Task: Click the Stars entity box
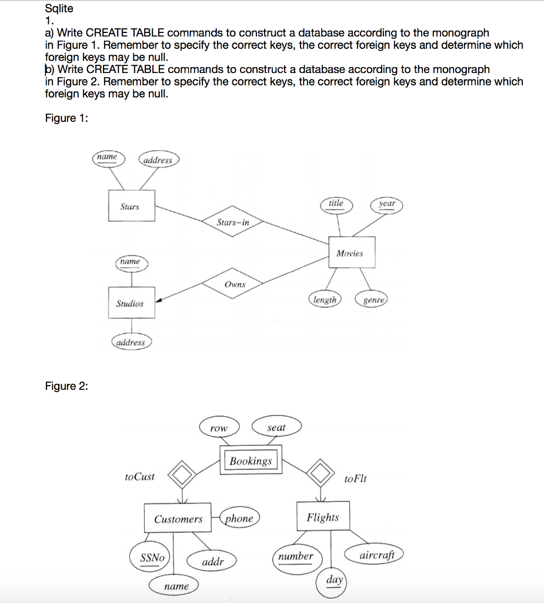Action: click(x=131, y=206)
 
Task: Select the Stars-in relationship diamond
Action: click(x=233, y=222)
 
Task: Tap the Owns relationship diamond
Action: click(x=234, y=284)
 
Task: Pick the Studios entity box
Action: click(x=131, y=304)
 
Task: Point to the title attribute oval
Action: click(x=336, y=204)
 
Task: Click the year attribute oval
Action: click(x=387, y=204)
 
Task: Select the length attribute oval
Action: click(x=325, y=300)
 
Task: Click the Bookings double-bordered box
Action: click(x=251, y=460)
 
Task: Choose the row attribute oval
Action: click(x=219, y=428)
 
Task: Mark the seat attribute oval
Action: click(x=276, y=428)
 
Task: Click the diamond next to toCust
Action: click(x=183, y=473)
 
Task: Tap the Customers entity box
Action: click(x=178, y=519)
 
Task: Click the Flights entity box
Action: click(x=323, y=517)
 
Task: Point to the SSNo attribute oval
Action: click(x=151, y=558)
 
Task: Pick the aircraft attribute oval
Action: click(x=381, y=555)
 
